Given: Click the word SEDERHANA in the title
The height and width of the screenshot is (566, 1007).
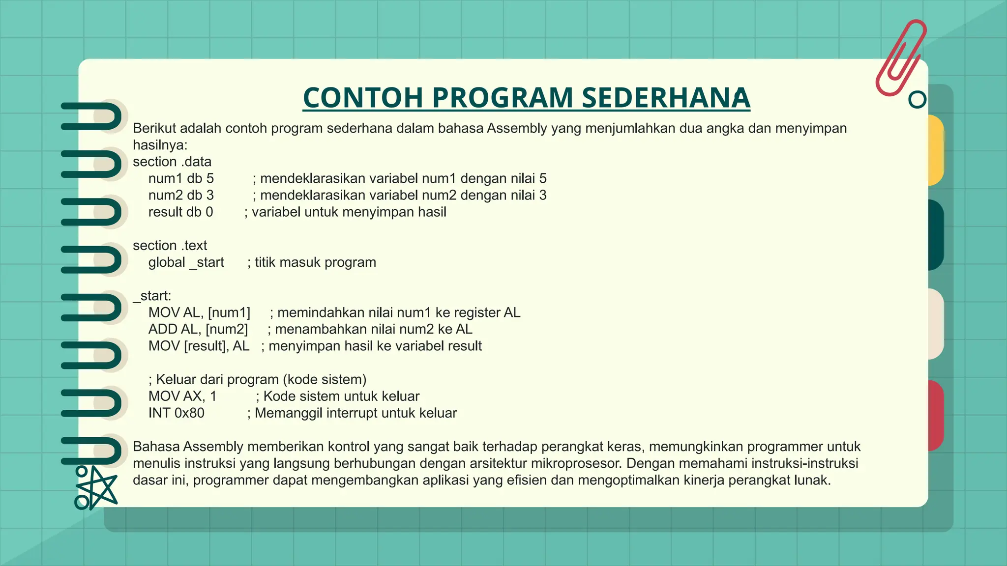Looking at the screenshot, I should tap(666, 97).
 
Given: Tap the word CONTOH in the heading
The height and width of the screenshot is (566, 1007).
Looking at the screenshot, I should tap(363, 97).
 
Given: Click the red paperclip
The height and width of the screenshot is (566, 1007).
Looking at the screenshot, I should tap(901, 57).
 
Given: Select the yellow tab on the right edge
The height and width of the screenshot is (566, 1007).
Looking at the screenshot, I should tap(935, 150).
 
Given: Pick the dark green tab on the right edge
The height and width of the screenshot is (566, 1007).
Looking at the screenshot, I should tap(935, 234).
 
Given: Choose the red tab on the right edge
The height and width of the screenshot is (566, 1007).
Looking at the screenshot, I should tap(935, 415).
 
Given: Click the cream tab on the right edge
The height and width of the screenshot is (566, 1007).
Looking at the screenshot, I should tap(935, 324).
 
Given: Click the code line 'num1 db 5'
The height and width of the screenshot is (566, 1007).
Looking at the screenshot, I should tap(181, 178).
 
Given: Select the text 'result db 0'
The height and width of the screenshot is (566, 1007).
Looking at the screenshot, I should tap(180, 212).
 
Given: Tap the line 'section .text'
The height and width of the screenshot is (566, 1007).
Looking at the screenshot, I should tap(170, 245).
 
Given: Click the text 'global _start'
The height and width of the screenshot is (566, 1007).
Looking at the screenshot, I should tap(186, 262).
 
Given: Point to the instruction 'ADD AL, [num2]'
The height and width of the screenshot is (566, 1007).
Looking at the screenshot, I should tap(198, 329).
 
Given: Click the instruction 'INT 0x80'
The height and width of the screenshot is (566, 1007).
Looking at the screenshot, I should tap(176, 413).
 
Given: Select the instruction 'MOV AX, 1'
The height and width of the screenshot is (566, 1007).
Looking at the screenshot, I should tap(182, 396).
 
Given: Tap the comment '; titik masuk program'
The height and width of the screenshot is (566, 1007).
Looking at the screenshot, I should tap(312, 262).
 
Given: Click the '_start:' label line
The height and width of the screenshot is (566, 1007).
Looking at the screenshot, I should tap(152, 296).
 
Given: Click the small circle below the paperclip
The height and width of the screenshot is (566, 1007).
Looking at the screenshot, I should tap(917, 100).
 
